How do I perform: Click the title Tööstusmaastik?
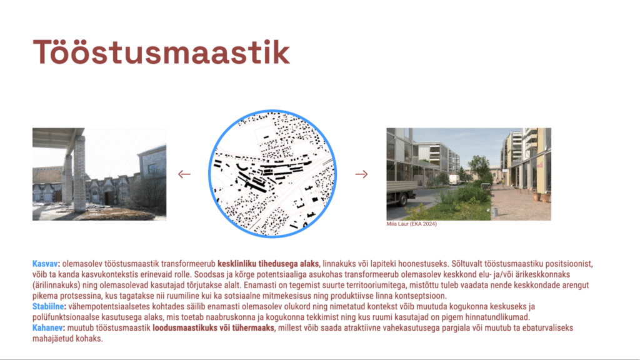[x=161, y=52]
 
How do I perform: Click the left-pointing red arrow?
[x=184, y=174]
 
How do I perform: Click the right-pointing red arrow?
[x=361, y=174]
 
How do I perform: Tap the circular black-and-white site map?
[x=272, y=174]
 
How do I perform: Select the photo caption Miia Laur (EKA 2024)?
[x=411, y=224]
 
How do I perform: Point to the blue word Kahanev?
[x=48, y=327]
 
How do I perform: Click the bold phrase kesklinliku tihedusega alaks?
[x=269, y=264]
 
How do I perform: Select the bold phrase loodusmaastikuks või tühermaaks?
[x=214, y=327]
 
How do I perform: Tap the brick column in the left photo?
[x=79, y=173]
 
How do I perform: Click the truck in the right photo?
[x=402, y=191]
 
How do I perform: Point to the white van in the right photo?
[x=454, y=180]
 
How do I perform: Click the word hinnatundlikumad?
[x=497, y=317]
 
